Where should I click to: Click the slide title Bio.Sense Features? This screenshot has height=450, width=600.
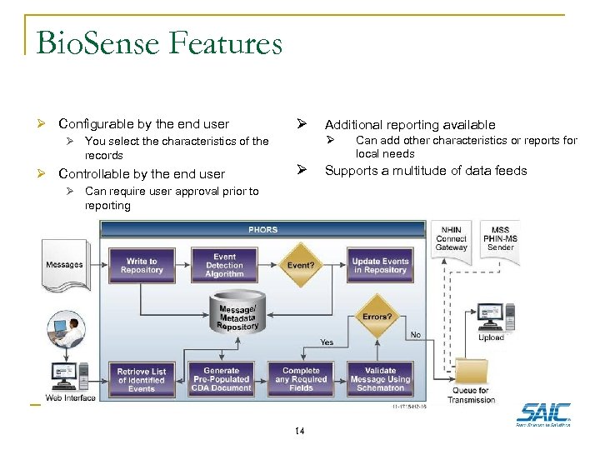(159, 42)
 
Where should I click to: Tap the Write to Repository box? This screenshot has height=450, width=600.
(142, 265)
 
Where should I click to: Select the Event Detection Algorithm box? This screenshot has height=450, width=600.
(224, 265)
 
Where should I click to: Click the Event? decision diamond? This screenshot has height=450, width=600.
(300, 265)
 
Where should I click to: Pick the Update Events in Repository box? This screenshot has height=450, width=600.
(380, 265)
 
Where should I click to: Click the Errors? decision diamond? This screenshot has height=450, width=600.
(377, 316)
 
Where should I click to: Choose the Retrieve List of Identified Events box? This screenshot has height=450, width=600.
(142, 380)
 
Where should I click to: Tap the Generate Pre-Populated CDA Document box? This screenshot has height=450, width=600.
(221, 380)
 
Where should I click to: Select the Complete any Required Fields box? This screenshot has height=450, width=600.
(301, 380)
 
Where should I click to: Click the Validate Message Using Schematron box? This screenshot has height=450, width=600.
(380, 380)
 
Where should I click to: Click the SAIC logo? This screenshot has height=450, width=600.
(543, 413)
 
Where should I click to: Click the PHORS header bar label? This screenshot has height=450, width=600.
(264, 229)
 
